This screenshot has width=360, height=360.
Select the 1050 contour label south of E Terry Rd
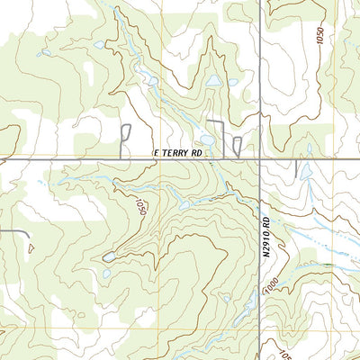coord(139,207)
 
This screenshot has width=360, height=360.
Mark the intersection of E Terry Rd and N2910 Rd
coord(261,160)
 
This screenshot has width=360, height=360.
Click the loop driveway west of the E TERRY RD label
coord(125,139)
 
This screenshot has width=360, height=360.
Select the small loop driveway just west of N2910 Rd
coord(237,147)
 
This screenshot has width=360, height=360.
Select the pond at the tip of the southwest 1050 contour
coord(108,257)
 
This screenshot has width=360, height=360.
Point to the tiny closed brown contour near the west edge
coord(30,246)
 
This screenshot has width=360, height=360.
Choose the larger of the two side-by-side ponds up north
coord(212,81)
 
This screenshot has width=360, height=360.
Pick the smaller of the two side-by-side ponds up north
coord(232,83)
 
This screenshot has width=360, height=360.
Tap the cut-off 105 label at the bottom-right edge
coord(352,354)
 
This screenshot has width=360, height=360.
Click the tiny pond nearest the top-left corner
coord(45,52)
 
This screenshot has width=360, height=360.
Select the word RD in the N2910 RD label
coord(267,217)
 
